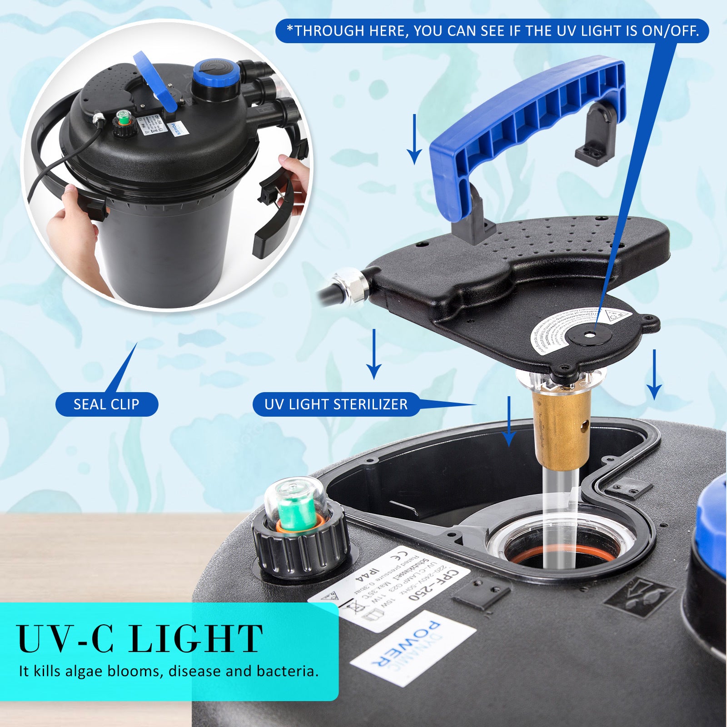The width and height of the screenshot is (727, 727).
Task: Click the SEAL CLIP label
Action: pos(106,404)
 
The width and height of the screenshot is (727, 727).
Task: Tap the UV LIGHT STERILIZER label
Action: pos(336,404)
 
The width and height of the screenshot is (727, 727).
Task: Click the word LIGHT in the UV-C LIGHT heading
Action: pos(195,639)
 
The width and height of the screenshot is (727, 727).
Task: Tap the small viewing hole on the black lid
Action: pos(589,334)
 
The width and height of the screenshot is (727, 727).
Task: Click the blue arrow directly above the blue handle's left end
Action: pos(414,139)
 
